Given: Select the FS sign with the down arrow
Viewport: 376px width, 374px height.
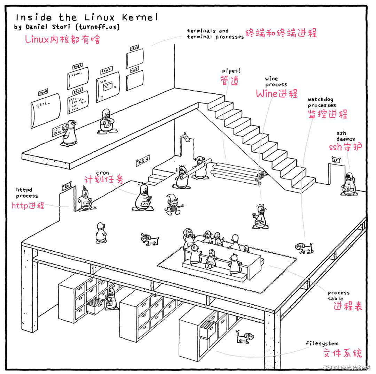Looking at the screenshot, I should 142,161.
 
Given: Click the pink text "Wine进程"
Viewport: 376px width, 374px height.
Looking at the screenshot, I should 277,94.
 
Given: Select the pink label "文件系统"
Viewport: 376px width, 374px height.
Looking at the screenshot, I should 341,353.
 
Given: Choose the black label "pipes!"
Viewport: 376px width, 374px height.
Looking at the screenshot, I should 231,71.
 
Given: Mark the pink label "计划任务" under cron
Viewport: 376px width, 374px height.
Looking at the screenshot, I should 104,180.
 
